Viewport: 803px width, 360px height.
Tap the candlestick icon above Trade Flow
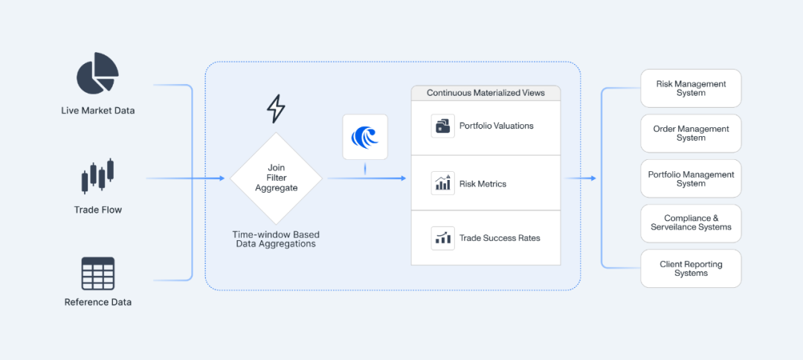97,176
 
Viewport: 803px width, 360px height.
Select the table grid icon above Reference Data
97,274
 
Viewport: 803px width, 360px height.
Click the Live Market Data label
97,111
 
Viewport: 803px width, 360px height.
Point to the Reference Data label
97,302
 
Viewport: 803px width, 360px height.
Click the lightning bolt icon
276,109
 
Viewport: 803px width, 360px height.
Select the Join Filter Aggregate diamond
276,179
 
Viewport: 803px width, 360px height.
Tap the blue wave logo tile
365,137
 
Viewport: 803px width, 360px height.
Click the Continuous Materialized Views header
486,93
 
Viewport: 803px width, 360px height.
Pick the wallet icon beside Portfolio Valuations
442,126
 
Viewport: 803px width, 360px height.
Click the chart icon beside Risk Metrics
442,183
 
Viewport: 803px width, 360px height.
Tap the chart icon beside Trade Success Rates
442,238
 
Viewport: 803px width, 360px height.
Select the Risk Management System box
691,89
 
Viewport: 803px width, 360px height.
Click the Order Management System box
691,133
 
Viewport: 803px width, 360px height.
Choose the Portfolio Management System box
691,179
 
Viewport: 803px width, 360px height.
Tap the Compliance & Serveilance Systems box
691,223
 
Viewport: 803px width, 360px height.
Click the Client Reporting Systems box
691,269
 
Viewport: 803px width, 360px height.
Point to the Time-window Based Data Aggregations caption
276,239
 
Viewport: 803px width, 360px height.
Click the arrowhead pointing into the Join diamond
222,179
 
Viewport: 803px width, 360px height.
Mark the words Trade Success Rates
500,238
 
